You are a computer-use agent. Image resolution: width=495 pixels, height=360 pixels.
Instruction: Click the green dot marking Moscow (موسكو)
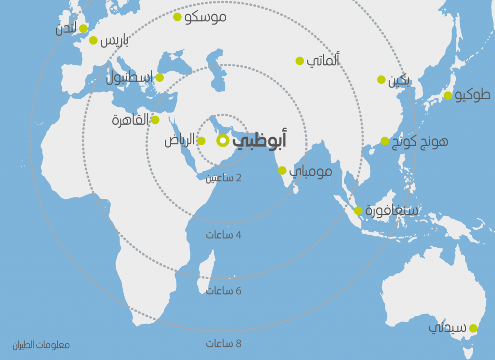(x=177, y=17)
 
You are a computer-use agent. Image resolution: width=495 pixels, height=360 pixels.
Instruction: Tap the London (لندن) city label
(x=66, y=30)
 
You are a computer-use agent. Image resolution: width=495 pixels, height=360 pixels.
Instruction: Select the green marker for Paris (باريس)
(x=93, y=41)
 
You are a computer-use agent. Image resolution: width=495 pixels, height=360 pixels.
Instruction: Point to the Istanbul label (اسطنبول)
(x=129, y=77)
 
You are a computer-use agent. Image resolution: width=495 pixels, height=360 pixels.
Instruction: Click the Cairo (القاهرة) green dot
(x=155, y=120)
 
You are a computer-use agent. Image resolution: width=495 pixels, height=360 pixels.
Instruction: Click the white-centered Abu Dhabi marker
(x=222, y=140)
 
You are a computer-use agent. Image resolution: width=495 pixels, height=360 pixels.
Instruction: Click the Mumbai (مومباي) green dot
(x=282, y=170)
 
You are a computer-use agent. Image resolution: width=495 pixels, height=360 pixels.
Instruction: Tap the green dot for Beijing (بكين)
(x=381, y=79)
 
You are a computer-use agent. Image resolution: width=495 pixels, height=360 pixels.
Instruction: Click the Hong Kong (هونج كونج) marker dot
(x=385, y=141)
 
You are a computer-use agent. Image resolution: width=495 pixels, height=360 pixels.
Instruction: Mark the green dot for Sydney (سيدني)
(x=473, y=328)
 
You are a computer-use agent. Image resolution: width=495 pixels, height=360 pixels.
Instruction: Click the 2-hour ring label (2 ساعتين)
(x=223, y=178)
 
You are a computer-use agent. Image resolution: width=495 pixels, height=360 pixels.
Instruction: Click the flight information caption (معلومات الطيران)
(x=41, y=345)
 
